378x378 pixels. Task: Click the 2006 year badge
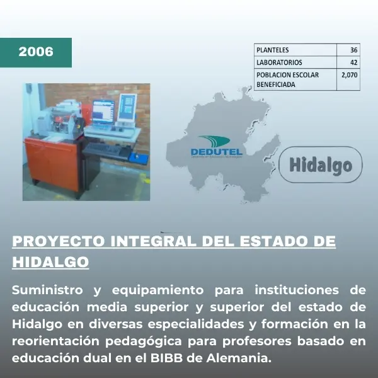pos(36,52)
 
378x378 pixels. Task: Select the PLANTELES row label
pos(273,50)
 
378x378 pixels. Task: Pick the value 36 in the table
pos(353,50)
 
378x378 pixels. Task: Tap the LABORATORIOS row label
pos(279,62)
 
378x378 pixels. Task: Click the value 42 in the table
pos(353,62)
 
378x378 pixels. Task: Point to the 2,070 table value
pos(348,75)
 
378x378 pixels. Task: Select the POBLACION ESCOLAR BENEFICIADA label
pos(287,79)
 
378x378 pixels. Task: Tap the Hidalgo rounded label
pos(321,165)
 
